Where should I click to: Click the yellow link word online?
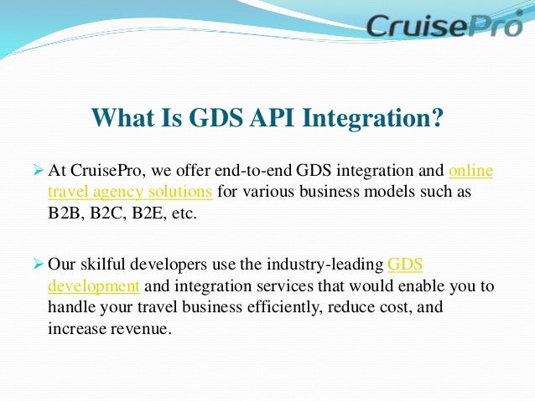tap(470, 171)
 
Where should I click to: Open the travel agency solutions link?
tap(130, 191)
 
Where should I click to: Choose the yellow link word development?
tap(93, 285)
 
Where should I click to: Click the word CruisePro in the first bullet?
tap(104, 171)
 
